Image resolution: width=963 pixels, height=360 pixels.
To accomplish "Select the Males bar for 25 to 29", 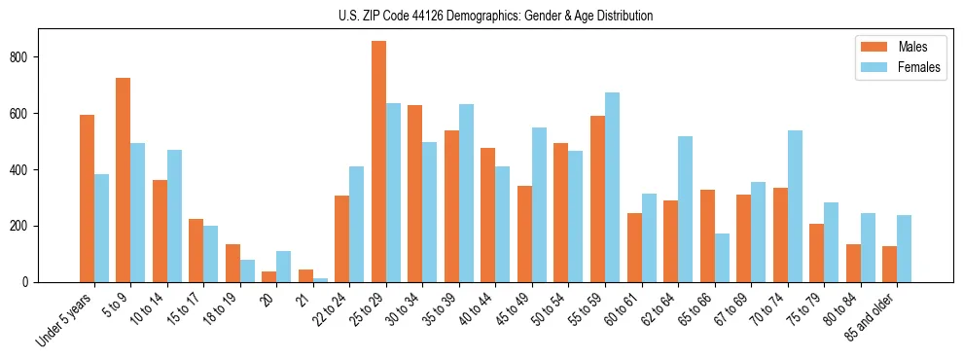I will pyautogui.click(x=378, y=162).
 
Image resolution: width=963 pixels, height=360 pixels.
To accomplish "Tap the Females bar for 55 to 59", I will pyautogui.click(x=612, y=187).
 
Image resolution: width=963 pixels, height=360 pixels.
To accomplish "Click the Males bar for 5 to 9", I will pyautogui.click(x=124, y=180).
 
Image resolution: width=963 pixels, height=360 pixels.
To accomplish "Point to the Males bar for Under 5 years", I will pyautogui.click(x=87, y=198).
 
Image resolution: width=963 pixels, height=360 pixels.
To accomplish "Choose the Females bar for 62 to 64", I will pyautogui.click(x=685, y=209).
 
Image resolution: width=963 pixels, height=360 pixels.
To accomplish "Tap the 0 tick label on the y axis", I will pyautogui.click(x=31, y=282).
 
